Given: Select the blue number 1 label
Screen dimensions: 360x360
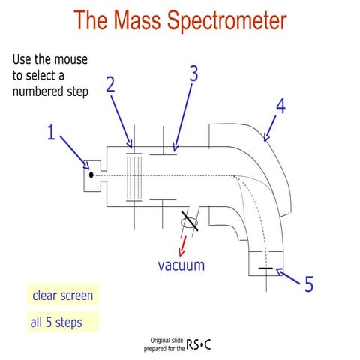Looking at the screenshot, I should pyautogui.click(x=51, y=134).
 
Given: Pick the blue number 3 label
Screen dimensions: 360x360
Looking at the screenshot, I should pyautogui.click(x=193, y=73).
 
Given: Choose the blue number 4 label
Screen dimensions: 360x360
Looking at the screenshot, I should pyautogui.click(x=280, y=105).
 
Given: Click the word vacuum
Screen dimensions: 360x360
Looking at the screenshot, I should pyautogui.click(x=181, y=265).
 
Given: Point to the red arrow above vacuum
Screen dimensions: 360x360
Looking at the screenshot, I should pyautogui.click(x=180, y=244).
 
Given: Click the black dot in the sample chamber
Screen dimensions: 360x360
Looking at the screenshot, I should pyautogui.click(x=91, y=175).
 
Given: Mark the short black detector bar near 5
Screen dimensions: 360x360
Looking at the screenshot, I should pyautogui.click(x=265, y=268).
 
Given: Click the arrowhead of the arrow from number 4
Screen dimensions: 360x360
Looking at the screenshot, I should pyautogui.click(x=264, y=139).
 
